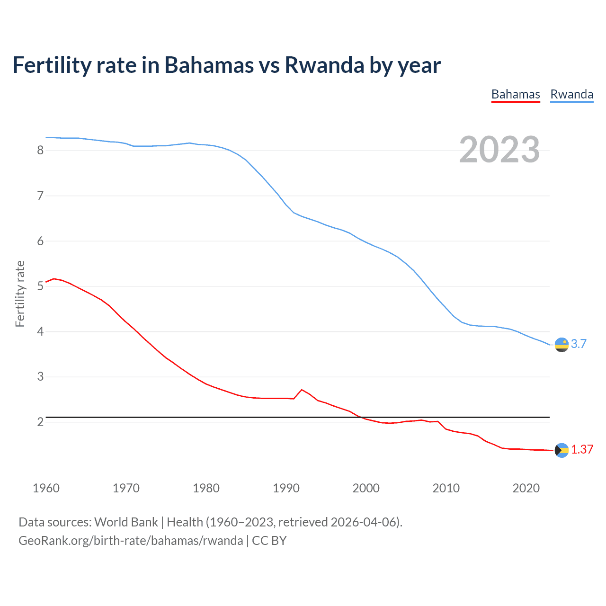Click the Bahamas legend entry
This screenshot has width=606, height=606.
[516, 94]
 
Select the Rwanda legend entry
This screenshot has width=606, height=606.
[571, 94]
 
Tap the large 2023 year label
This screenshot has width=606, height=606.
[499, 150]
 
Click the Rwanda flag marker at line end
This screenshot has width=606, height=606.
[561, 345]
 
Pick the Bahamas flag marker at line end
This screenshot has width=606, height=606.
[561, 450]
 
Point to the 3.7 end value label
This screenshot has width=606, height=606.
[579, 344]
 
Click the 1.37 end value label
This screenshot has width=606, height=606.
[582, 450]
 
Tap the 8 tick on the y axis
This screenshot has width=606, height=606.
[40, 151]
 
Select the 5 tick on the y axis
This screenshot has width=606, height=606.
[40, 286]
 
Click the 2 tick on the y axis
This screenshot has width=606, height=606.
[40, 422]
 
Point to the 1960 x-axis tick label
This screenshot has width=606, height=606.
[46, 488]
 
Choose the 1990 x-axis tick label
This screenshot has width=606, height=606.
[286, 488]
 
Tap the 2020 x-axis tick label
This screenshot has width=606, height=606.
[526, 488]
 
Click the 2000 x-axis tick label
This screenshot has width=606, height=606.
[366, 488]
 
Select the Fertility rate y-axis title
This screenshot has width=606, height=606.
[20, 294]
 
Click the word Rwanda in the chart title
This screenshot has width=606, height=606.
[324, 65]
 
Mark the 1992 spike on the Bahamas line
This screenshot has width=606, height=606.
[302, 390]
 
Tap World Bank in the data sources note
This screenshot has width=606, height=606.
[126, 522]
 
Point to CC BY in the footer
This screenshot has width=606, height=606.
[269, 541]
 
